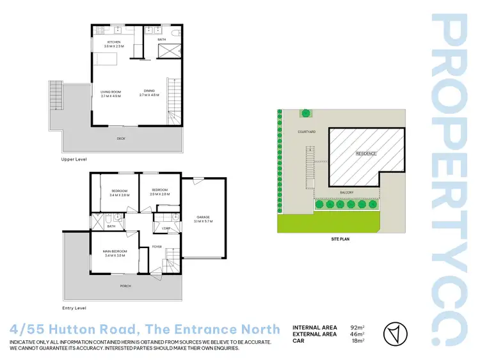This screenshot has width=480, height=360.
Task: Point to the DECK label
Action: click(x=120, y=138)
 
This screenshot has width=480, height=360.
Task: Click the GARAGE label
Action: click(x=204, y=217)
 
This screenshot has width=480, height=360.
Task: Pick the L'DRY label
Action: click(x=164, y=229)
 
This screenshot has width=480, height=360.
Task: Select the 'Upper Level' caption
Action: click(x=74, y=159)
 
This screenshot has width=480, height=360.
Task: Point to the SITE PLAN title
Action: click(x=340, y=239)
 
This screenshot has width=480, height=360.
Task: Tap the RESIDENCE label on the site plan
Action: click(x=367, y=153)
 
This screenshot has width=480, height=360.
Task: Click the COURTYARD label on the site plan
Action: click(x=307, y=132)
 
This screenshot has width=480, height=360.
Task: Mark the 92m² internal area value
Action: click(x=357, y=326)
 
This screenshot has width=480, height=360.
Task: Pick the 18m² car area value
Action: click(x=357, y=341)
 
